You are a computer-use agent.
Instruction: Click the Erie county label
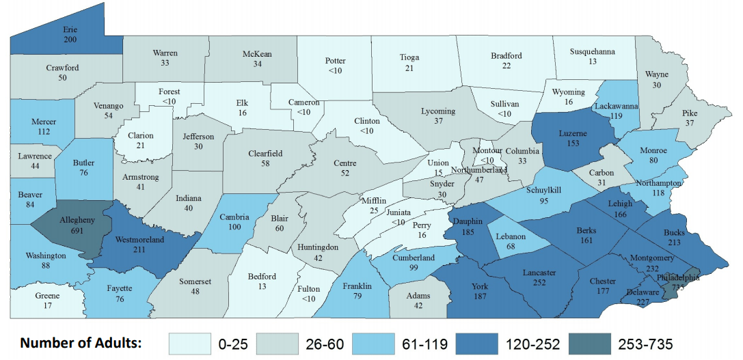(x=70, y=31)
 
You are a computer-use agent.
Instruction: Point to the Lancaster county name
(x=539, y=273)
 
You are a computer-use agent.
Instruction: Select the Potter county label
(x=335, y=61)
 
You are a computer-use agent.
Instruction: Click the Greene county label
(x=47, y=296)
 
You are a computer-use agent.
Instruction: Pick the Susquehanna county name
(x=592, y=51)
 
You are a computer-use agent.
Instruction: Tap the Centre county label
(x=340, y=163)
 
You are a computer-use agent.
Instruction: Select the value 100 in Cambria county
(x=235, y=226)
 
